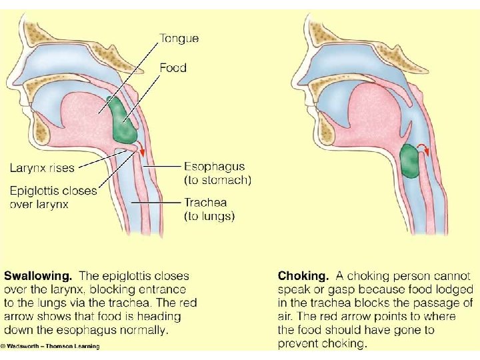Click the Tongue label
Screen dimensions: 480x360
point(178,39)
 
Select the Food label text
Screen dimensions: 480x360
point(173,67)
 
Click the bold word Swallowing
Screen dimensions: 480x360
point(39,275)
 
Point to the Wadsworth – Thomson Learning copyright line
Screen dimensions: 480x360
point(51,346)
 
